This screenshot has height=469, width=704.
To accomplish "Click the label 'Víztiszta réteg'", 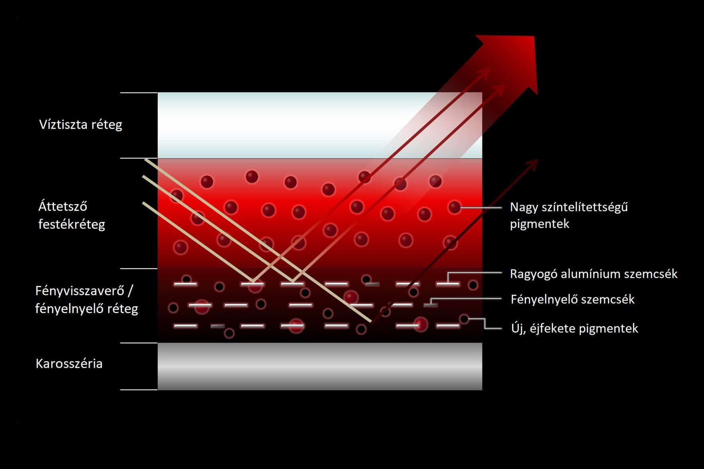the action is tap(80, 125).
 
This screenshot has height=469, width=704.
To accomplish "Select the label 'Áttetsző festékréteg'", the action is tap(72, 215).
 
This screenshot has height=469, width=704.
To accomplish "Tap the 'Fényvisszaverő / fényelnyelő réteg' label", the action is tap(86, 300).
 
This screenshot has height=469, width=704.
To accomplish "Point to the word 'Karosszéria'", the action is tap(69, 364).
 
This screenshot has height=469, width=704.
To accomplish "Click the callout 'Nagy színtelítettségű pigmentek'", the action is tap(569, 215).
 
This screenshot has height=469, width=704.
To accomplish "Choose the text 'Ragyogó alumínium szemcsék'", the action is tap(593, 274).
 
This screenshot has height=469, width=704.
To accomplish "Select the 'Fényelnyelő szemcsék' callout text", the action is tap(572, 299).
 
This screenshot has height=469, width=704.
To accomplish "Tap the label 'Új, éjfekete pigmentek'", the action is tap(574, 328).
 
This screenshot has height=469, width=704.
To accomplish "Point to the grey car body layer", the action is tap(320, 366).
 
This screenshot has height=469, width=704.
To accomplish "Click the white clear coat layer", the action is tap(320, 125).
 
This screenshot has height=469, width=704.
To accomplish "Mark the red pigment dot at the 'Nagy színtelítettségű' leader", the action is tap(454, 207).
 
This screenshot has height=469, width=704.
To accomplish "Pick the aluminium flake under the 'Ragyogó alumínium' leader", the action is tap(448, 284).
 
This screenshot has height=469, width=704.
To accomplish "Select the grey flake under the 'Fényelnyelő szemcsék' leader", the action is tap(431, 305).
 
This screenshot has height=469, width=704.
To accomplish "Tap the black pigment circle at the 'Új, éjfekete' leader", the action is tap(464, 319).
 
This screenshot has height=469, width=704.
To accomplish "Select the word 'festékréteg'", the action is tap(72, 224).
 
